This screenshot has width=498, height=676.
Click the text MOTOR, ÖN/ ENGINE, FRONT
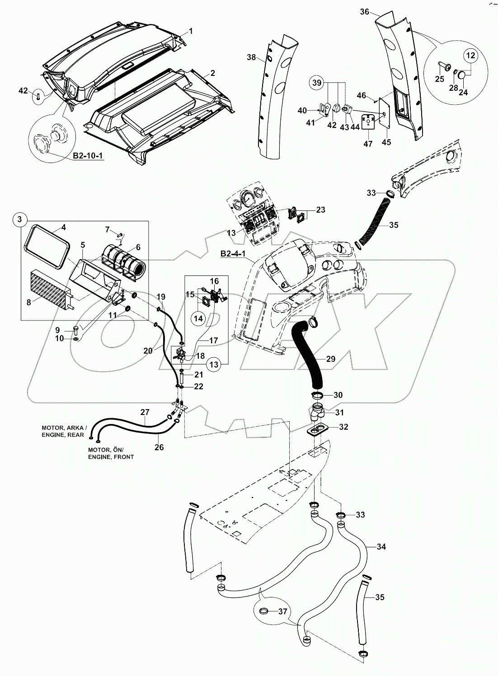(111, 453)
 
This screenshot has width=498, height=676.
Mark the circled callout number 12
(470, 56)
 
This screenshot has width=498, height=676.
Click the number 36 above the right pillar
(364, 13)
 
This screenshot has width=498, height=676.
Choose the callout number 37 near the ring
(283, 611)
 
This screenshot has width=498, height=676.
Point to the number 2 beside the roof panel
(212, 73)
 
